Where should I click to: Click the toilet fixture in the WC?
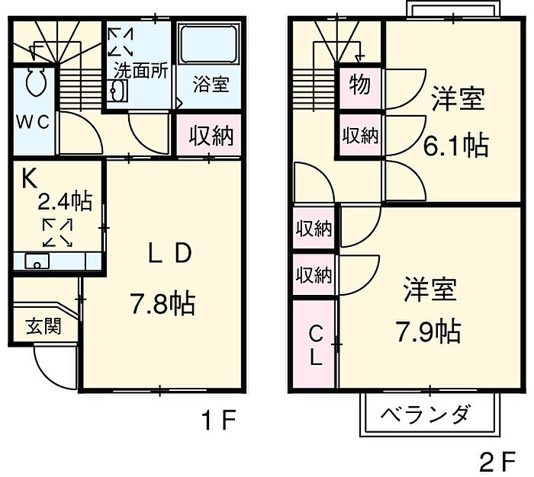(x=35, y=81)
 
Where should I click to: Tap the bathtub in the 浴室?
(x=208, y=43)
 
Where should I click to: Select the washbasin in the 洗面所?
(x=117, y=91)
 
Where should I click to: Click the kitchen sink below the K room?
(x=37, y=261)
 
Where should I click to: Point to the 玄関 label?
(x=43, y=325)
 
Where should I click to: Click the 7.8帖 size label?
(x=162, y=304)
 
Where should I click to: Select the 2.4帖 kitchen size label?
(x=64, y=201)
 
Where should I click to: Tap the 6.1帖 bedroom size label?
(x=455, y=146)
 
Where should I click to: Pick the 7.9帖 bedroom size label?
(x=428, y=331)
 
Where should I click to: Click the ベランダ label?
(x=426, y=414)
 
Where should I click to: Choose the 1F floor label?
(x=219, y=420)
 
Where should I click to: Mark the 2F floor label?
(x=498, y=461)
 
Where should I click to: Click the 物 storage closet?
(x=360, y=87)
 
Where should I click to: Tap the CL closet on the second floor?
(x=314, y=344)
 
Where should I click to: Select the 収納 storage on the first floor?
(x=209, y=135)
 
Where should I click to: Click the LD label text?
(x=169, y=254)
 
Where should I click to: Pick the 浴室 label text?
(x=211, y=85)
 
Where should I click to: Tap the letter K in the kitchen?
(x=29, y=179)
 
